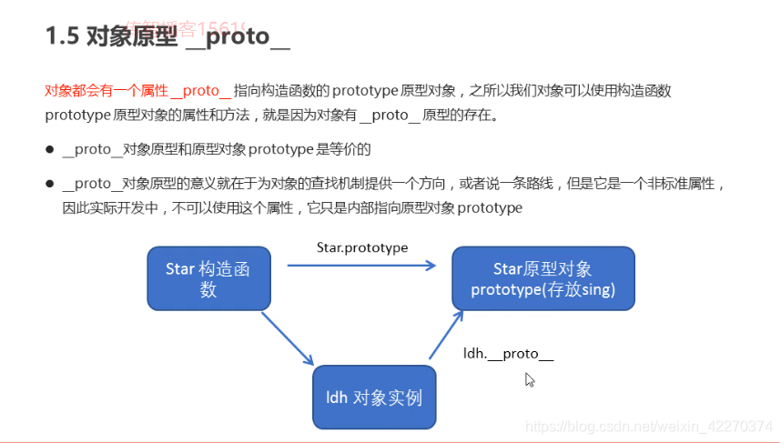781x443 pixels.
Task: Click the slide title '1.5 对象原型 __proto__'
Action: click(167, 36)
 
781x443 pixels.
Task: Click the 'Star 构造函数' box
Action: click(208, 278)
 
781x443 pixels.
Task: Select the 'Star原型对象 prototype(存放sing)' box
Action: click(543, 279)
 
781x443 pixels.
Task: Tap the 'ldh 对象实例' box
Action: click(374, 398)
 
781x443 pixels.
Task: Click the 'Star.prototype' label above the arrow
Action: click(362, 247)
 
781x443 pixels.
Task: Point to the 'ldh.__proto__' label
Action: click(508, 353)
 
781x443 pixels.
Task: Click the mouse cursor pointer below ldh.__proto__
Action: click(529, 378)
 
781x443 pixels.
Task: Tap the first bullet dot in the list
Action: click(49, 149)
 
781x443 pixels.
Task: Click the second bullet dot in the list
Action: click(49, 184)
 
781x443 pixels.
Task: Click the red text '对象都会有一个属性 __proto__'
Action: click(137, 91)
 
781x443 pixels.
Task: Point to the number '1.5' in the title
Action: click(61, 36)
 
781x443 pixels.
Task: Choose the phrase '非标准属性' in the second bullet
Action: click(683, 184)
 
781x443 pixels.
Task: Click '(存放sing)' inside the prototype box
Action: click(580, 290)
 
